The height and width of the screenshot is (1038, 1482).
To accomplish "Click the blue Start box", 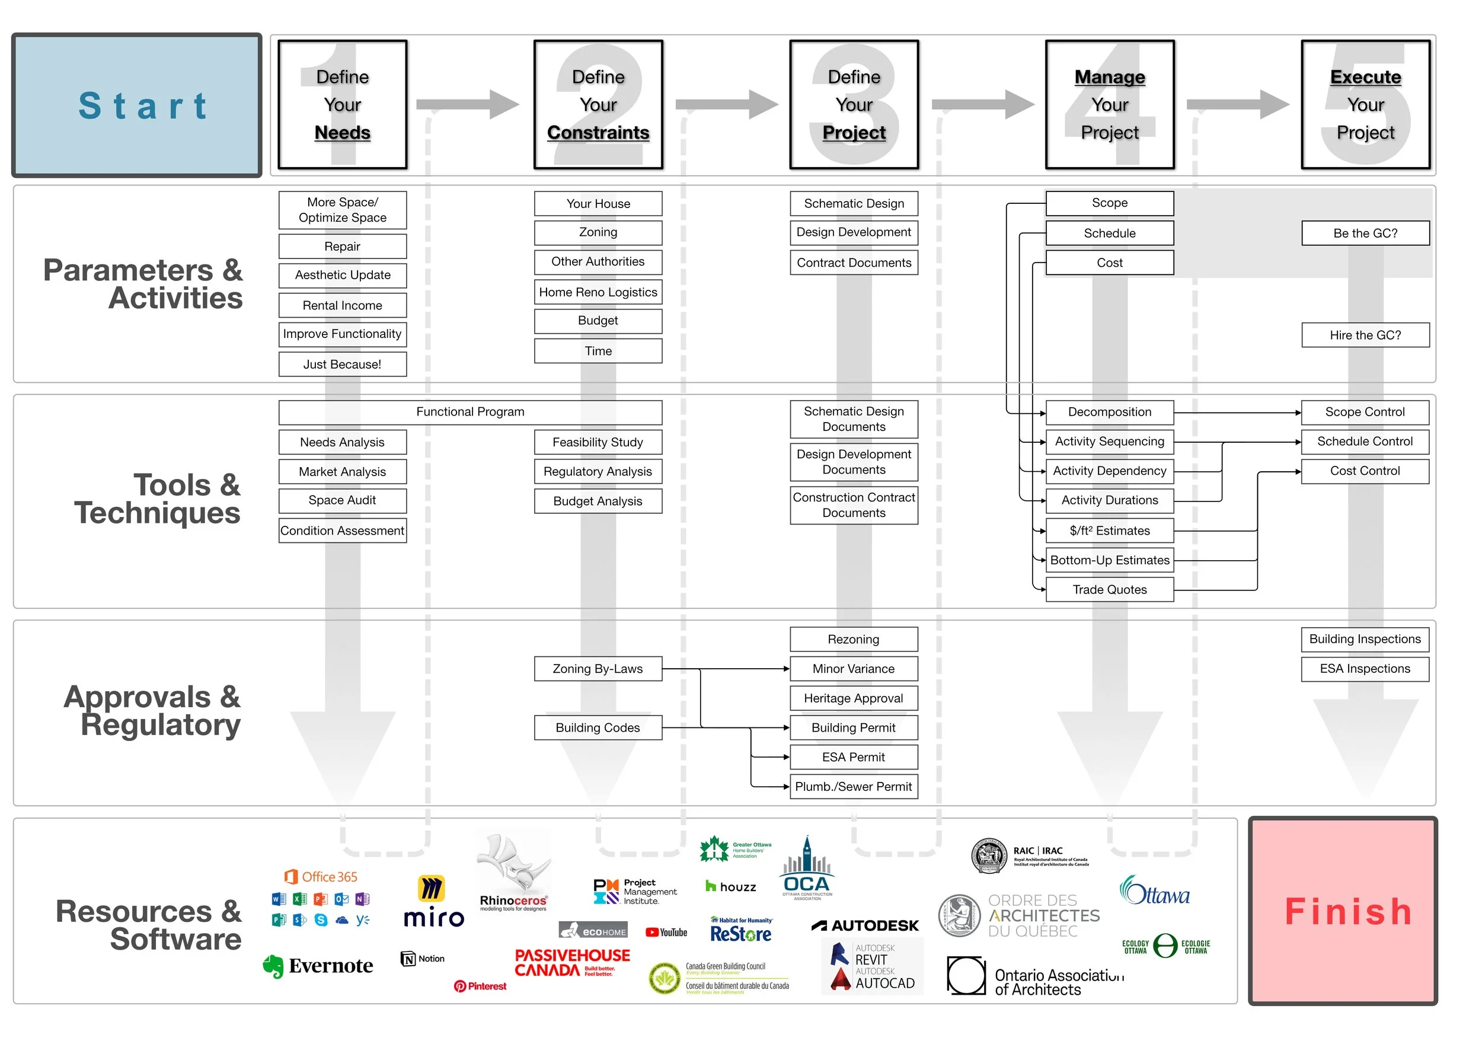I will click(136, 105).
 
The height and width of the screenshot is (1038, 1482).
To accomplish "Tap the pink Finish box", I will click(1343, 911).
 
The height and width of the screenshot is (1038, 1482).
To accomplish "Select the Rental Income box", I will click(342, 305).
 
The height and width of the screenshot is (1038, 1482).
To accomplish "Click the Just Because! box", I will click(342, 364).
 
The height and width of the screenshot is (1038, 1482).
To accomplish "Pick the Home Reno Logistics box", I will click(598, 292).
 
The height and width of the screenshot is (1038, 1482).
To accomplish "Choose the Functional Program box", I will click(470, 412).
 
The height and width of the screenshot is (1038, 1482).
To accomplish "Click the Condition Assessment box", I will click(342, 531).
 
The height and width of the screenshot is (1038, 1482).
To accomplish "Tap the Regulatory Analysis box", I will click(598, 471).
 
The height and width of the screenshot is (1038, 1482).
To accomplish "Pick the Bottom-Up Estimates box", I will click(1109, 560).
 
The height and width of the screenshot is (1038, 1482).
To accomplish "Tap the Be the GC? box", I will click(1365, 233).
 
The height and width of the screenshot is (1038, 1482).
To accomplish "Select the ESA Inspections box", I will click(1365, 669).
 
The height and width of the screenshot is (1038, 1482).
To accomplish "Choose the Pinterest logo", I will click(480, 986).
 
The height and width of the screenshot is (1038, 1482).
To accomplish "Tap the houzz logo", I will click(731, 887).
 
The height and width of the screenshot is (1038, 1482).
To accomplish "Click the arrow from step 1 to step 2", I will click(468, 104).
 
